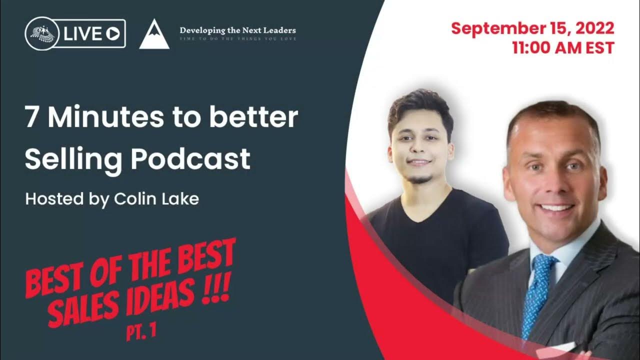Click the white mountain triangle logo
coord(154,35)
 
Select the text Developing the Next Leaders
coord(237,31)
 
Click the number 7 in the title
coord(32,117)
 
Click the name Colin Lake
coord(156,199)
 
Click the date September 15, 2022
coord(532,29)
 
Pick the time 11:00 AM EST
coord(563,48)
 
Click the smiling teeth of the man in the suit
coord(555,207)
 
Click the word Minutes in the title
coord(106,117)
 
